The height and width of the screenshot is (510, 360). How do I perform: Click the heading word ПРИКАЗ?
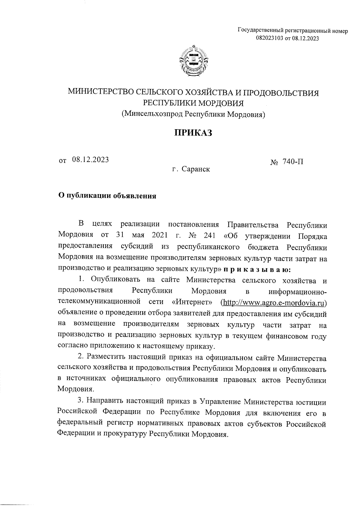(193, 133)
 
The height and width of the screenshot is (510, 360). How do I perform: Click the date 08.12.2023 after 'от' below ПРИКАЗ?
(90, 160)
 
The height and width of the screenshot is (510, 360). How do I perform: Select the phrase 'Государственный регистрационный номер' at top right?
(292, 31)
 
